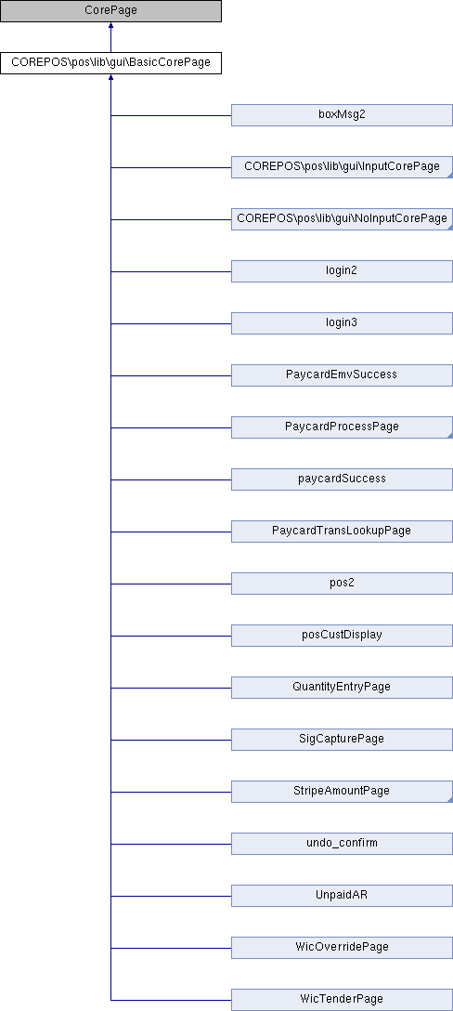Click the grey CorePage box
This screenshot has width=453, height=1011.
[110, 11]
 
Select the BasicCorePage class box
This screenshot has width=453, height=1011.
[110, 63]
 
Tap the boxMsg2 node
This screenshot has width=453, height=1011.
[343, 115]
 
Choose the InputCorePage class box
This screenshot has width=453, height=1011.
[343, 167]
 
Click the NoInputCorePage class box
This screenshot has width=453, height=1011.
[343, 219]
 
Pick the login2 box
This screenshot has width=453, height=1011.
[343, 271]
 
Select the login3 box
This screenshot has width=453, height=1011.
[343, 323]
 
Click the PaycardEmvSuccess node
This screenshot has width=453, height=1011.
[343, 375]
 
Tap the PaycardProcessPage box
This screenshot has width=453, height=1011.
[343, 427]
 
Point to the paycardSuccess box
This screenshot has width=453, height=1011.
[343, 479]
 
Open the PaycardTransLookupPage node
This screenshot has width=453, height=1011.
[343, 532]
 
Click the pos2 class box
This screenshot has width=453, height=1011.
[343, 584]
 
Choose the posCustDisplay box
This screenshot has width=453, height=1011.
[343, 635]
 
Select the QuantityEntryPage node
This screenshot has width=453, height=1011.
[343, 688]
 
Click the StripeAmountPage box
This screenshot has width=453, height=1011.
[343, 791]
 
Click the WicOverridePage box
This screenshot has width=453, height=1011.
[343, 948]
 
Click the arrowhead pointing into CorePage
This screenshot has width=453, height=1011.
[110, 26]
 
